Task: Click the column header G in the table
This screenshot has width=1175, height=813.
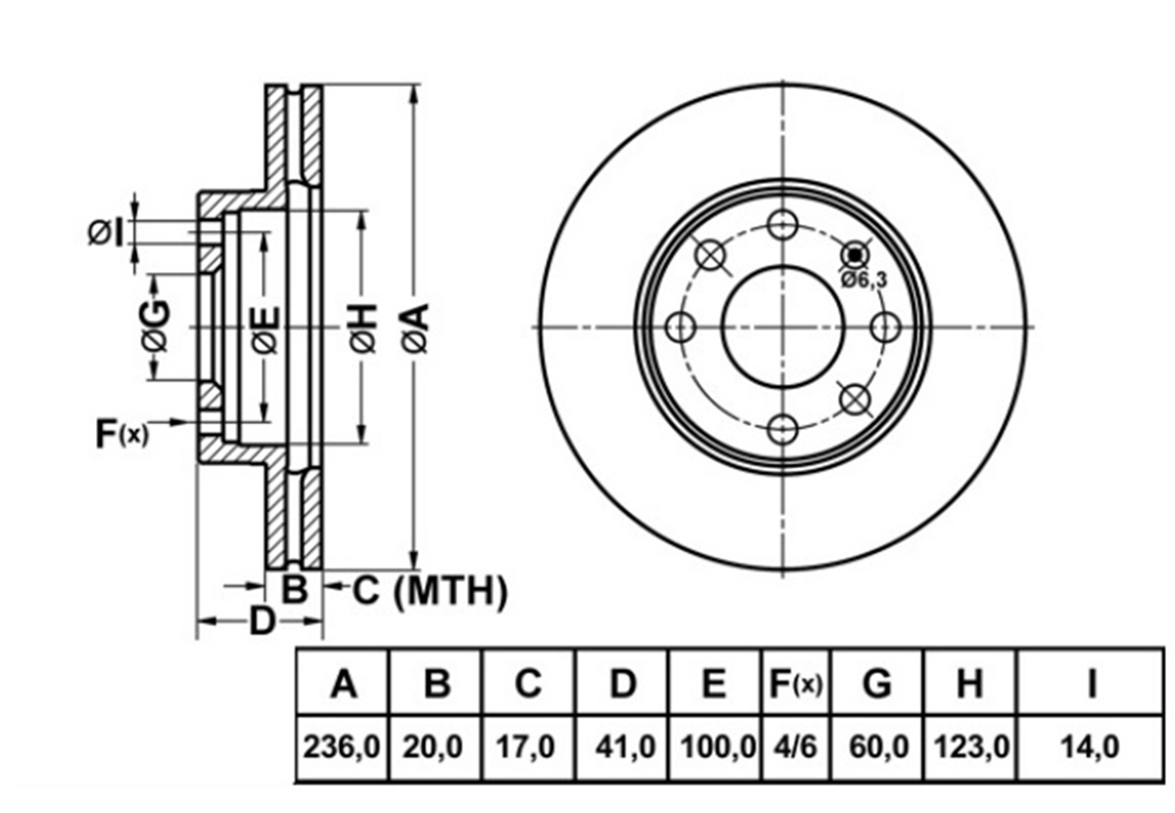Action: click(877, 684)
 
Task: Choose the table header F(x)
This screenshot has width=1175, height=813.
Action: click(796, 684)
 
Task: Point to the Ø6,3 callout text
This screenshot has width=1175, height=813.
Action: click(864, 280)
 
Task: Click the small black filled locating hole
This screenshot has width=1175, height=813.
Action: click(855, 255)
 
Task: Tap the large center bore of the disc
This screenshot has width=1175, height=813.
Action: click(782, 327)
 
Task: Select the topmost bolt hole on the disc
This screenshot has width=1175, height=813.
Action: click(782, 224)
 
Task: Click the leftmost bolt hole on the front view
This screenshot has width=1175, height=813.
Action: click(681, 327)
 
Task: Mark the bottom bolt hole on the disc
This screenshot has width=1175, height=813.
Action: click(782, 429)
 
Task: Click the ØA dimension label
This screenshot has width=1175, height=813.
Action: click(415, 328)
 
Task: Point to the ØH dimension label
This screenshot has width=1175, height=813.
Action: click(362, 328)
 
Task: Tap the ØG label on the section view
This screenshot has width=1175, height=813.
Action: click(156, 325)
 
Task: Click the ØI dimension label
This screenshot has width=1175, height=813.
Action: click(107, 233)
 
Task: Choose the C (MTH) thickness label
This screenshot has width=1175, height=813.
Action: click(430, 592)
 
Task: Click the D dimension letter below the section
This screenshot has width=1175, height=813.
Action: click(261, 621)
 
